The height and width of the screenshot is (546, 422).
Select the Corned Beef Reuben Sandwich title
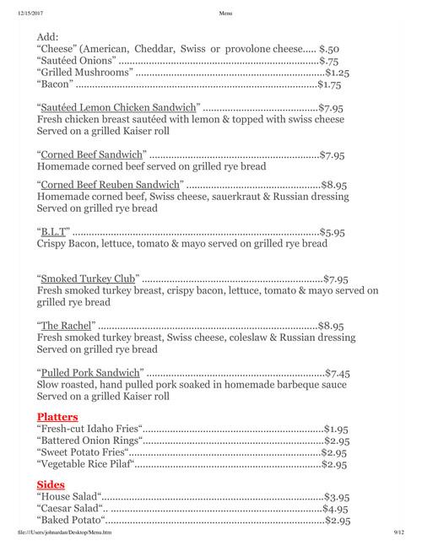[x=111, y=183]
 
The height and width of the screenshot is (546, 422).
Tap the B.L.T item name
[x=54, y=230]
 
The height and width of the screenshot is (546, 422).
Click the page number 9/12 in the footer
[x=399, y=533]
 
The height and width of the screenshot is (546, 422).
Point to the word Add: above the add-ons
[x=50, y=38]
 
